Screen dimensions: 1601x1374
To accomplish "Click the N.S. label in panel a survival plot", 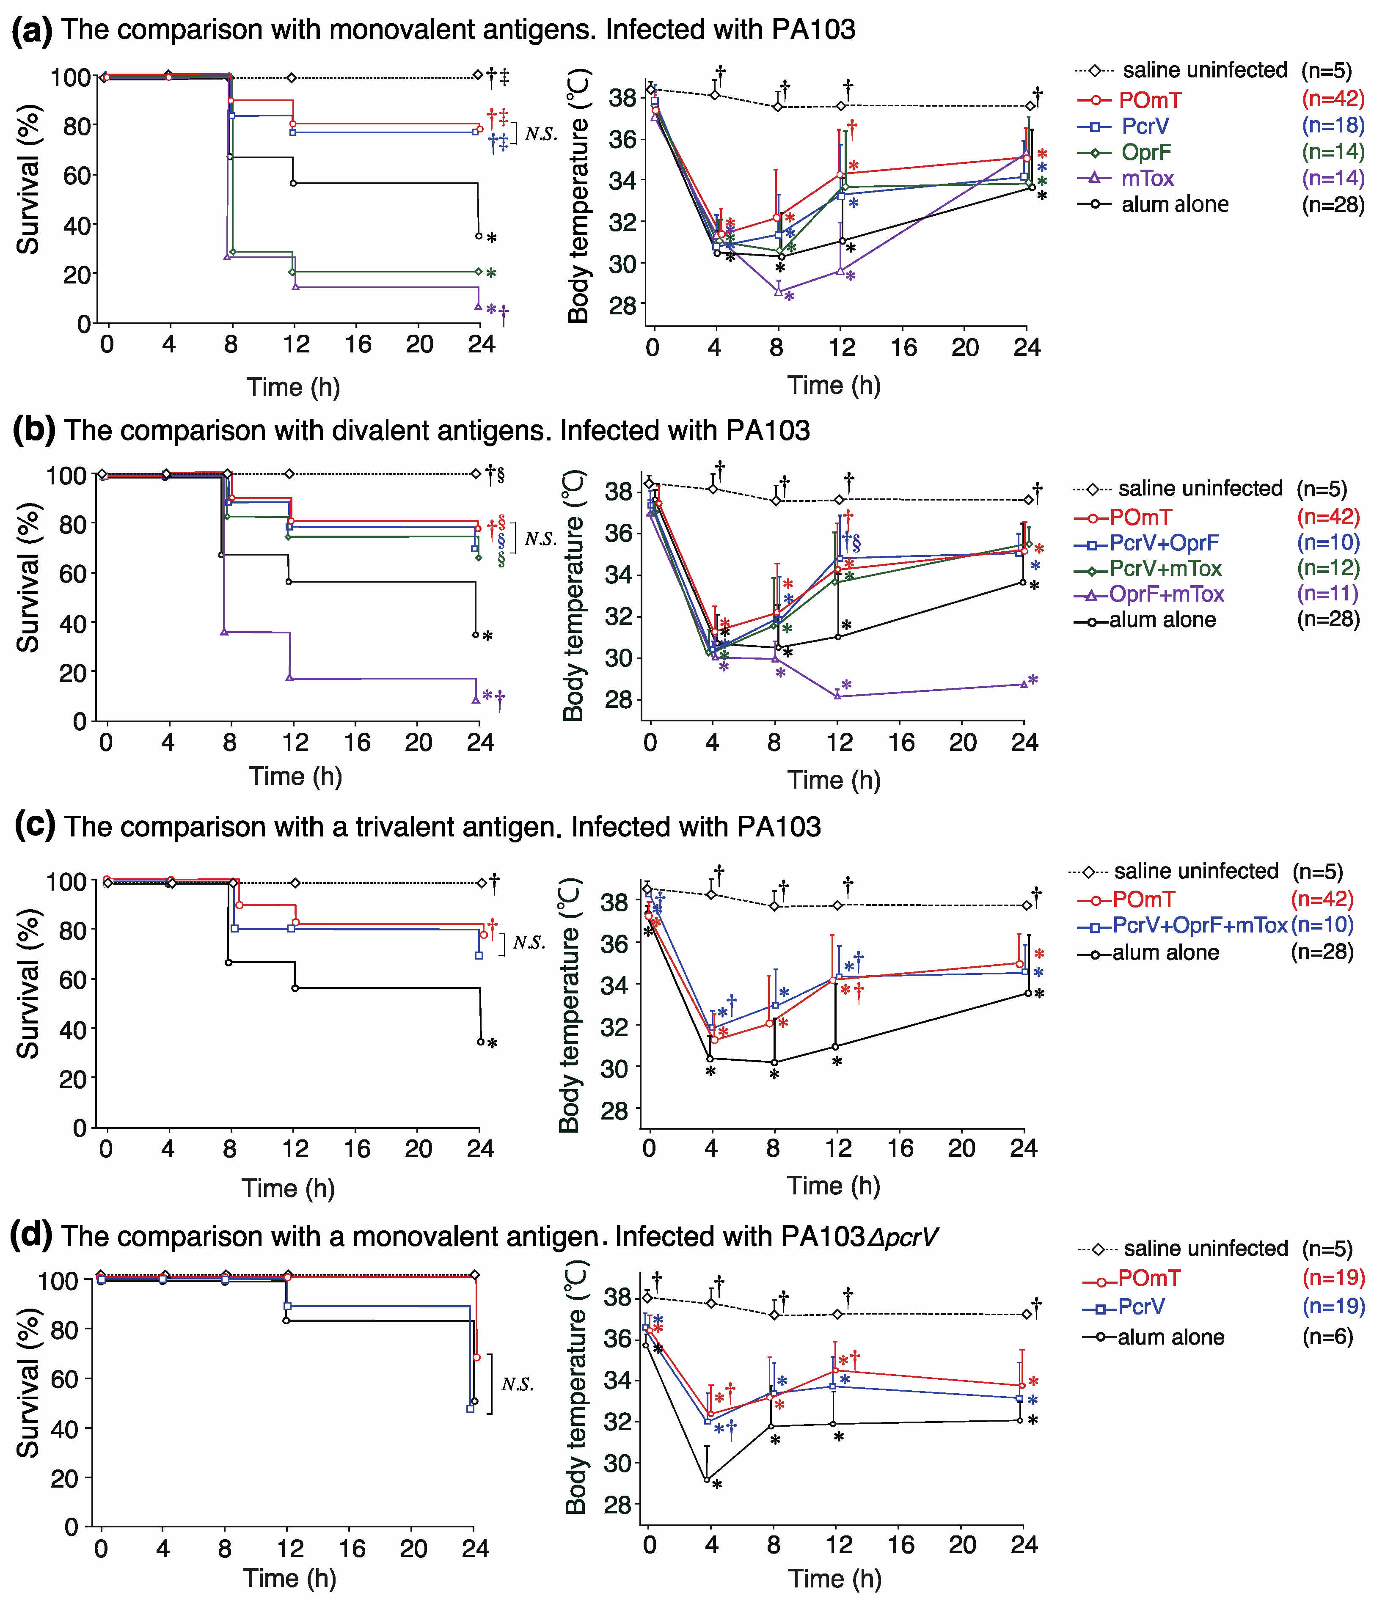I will (x=541, y=135).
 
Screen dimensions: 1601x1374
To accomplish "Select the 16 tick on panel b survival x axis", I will (x=356, y=743).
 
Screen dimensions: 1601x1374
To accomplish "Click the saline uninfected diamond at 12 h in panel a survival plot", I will (x=291, y=77).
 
